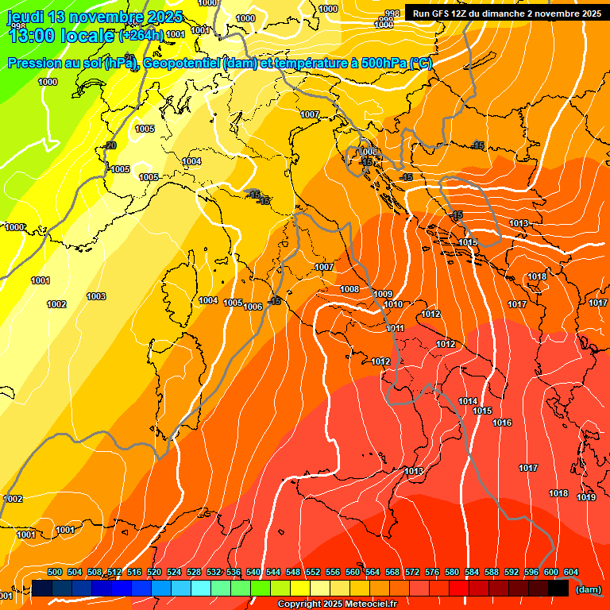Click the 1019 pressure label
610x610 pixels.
coord(586,497)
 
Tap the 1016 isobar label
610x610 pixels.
coord(502,423)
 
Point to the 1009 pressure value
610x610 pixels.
coord(383,294)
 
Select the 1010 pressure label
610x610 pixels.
coord(393,304)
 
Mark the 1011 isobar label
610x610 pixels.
coord(396,328)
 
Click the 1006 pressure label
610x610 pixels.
coord(253,307)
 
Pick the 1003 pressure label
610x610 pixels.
coord(96,296)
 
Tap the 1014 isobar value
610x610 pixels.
coord(468,401)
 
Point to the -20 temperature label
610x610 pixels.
coord(110,145)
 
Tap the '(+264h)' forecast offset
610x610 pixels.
coord(141,36)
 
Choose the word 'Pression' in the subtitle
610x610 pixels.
coord(34,63)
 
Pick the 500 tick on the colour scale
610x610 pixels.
coord(55,572)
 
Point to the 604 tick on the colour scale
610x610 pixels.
coord(570,572)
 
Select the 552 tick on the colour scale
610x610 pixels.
coord(313,572)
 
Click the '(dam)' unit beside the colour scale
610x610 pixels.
coord(589,589)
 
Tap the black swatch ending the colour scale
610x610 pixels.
coord(558,589)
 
